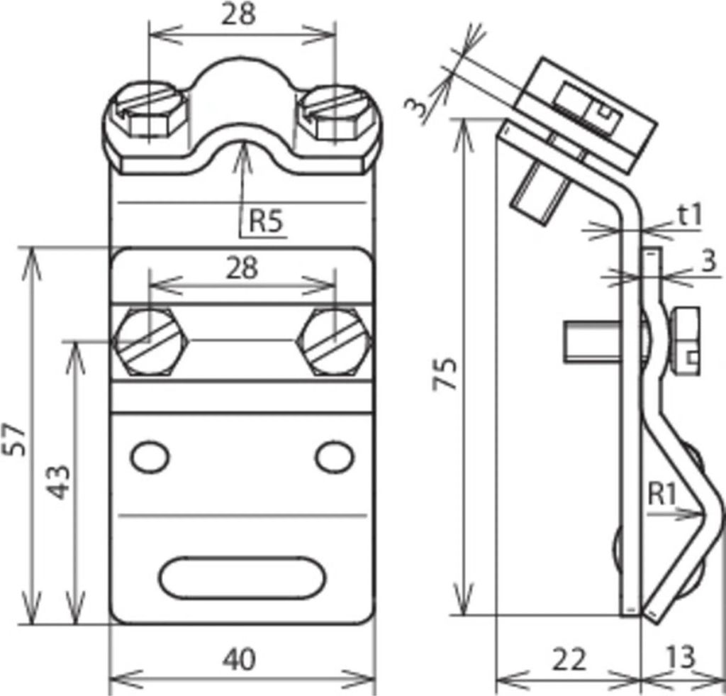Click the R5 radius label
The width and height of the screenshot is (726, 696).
click(x=266, y=221)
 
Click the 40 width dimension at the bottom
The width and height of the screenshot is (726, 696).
click(x=239, y=659)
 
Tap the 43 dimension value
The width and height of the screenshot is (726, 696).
click(x=60, y=482)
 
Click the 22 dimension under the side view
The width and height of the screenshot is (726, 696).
click(x=569, y=659)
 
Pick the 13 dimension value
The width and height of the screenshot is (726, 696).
click(x=681, y=656)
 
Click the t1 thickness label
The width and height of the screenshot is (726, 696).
click(x=691, y=215)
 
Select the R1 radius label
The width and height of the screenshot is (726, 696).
click(x=662, y=494)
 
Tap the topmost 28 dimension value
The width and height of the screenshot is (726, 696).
click(x=239, y=14)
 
